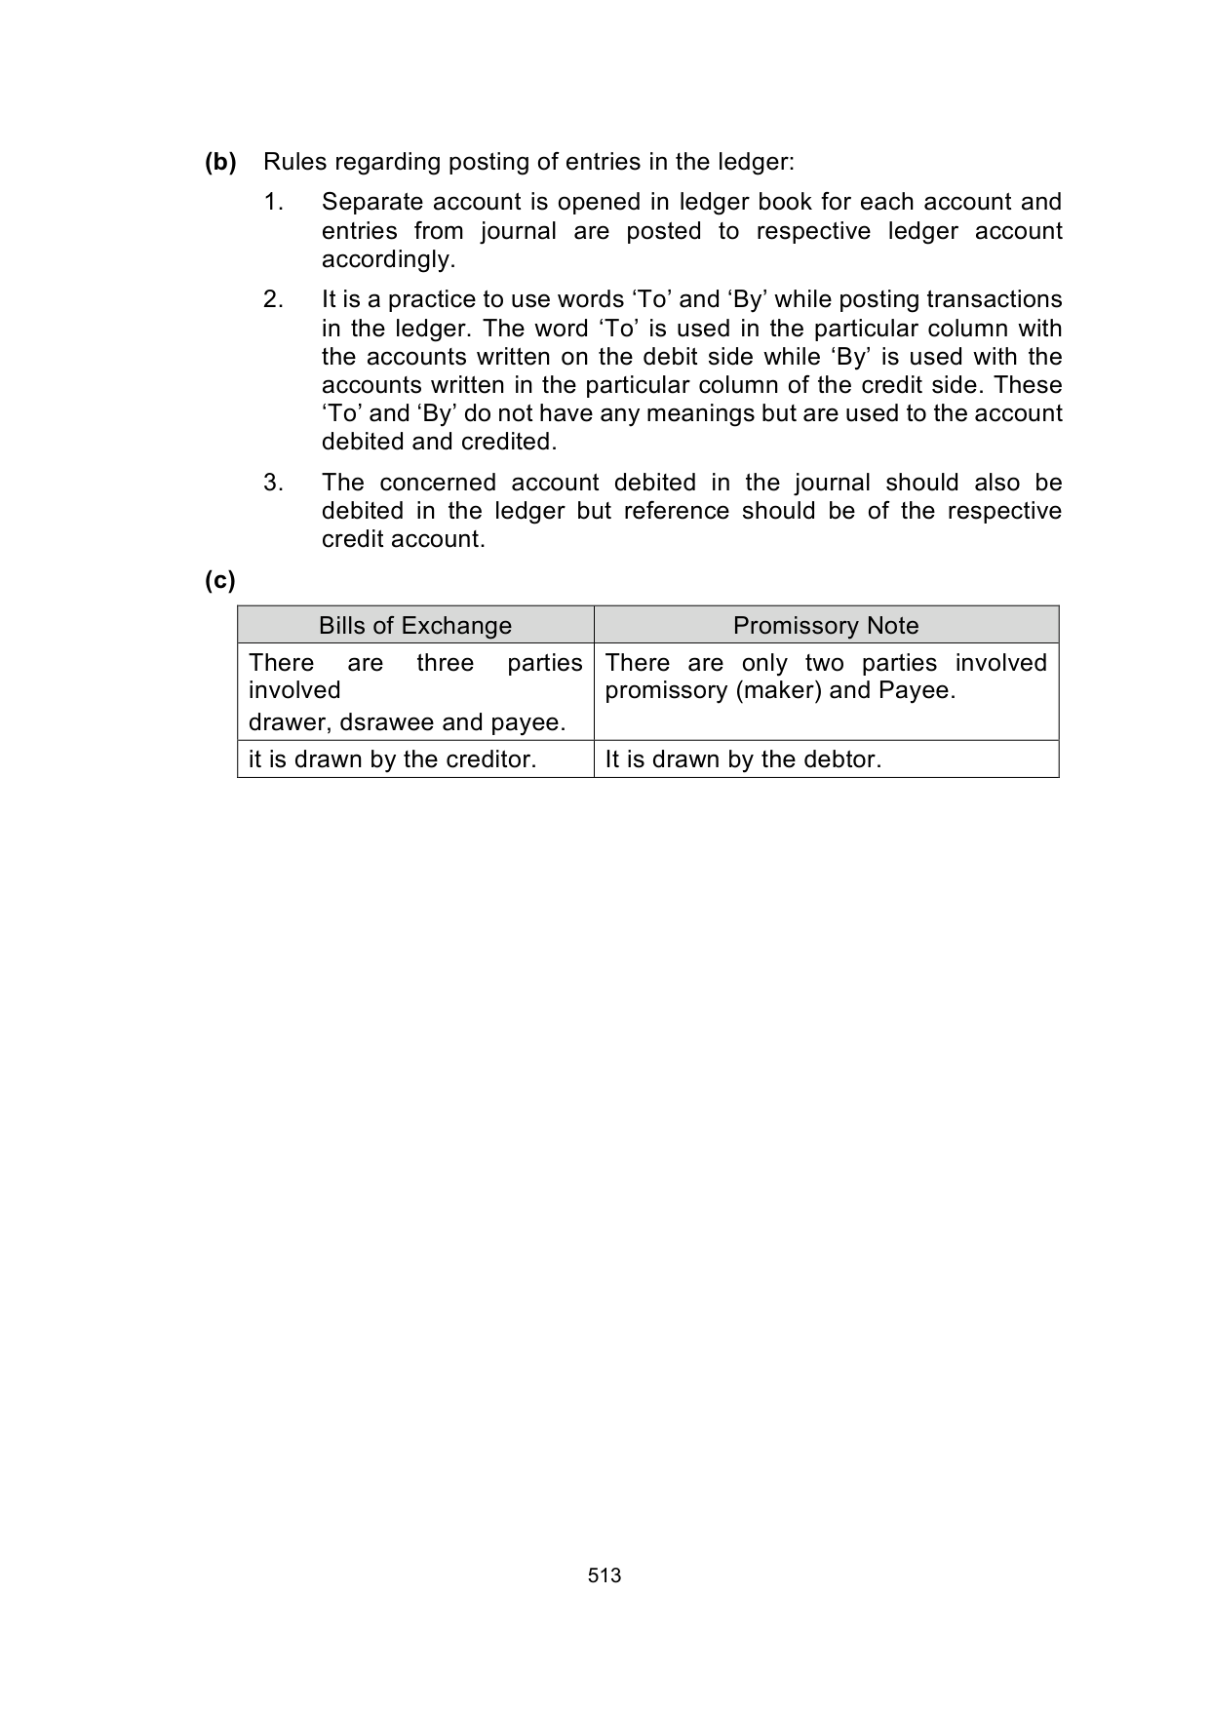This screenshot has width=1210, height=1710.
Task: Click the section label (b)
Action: (220, 162)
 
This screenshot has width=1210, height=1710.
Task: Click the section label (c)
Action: (220, 581)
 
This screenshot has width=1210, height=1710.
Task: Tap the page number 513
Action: (605, 1575)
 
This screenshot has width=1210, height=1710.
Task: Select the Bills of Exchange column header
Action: (415, 626)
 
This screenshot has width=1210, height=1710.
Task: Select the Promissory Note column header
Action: (826, 626)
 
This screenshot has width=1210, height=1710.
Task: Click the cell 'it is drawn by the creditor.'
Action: (393, 759)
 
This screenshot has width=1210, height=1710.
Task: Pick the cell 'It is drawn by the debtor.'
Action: (743, 759)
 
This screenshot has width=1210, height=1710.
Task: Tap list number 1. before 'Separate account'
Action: (273, 202)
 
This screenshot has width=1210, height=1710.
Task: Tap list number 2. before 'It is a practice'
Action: (273, 299)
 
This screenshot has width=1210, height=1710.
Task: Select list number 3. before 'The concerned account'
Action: (273, 483)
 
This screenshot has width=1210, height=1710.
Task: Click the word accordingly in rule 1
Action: (388, 259)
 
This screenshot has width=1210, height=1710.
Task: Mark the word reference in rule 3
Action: (676, 511)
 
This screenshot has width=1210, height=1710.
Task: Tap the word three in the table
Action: (446, 663)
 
